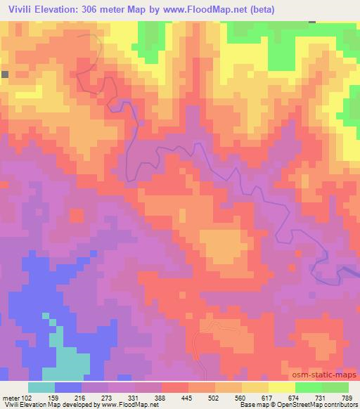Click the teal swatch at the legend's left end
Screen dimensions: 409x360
(41, 387)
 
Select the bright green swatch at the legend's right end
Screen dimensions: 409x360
(335, 387)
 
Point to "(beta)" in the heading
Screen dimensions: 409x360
(271, 9)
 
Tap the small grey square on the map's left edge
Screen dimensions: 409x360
(4, 74)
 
